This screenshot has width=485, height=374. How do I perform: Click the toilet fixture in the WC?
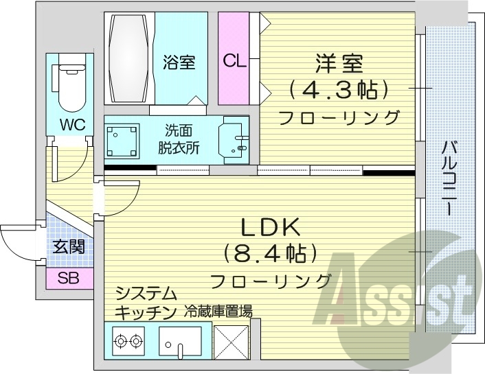click(71, 85)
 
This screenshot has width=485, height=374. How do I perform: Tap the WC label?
click(71, 126)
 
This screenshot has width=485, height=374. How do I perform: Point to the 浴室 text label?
click(179, 62)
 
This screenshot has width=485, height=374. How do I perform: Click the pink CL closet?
click(234, 60)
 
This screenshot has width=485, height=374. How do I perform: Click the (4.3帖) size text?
click(339, 89)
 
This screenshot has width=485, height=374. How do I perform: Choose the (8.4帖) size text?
click(269, 254)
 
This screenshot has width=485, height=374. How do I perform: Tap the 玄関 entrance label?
click(69, 246)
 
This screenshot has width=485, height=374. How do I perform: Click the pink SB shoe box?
click(68, 278)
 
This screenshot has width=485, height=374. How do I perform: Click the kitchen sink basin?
click(180, 339)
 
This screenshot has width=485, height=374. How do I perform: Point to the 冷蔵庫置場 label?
click(218, 312)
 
